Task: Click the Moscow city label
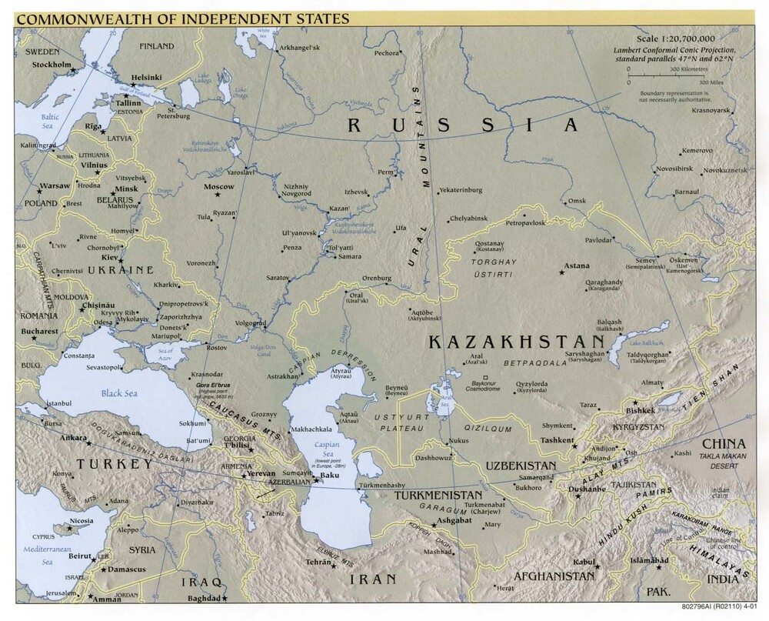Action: pos(219,187)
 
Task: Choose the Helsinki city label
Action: pos(147,78)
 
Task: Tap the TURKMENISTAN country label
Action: pos(438,496)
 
